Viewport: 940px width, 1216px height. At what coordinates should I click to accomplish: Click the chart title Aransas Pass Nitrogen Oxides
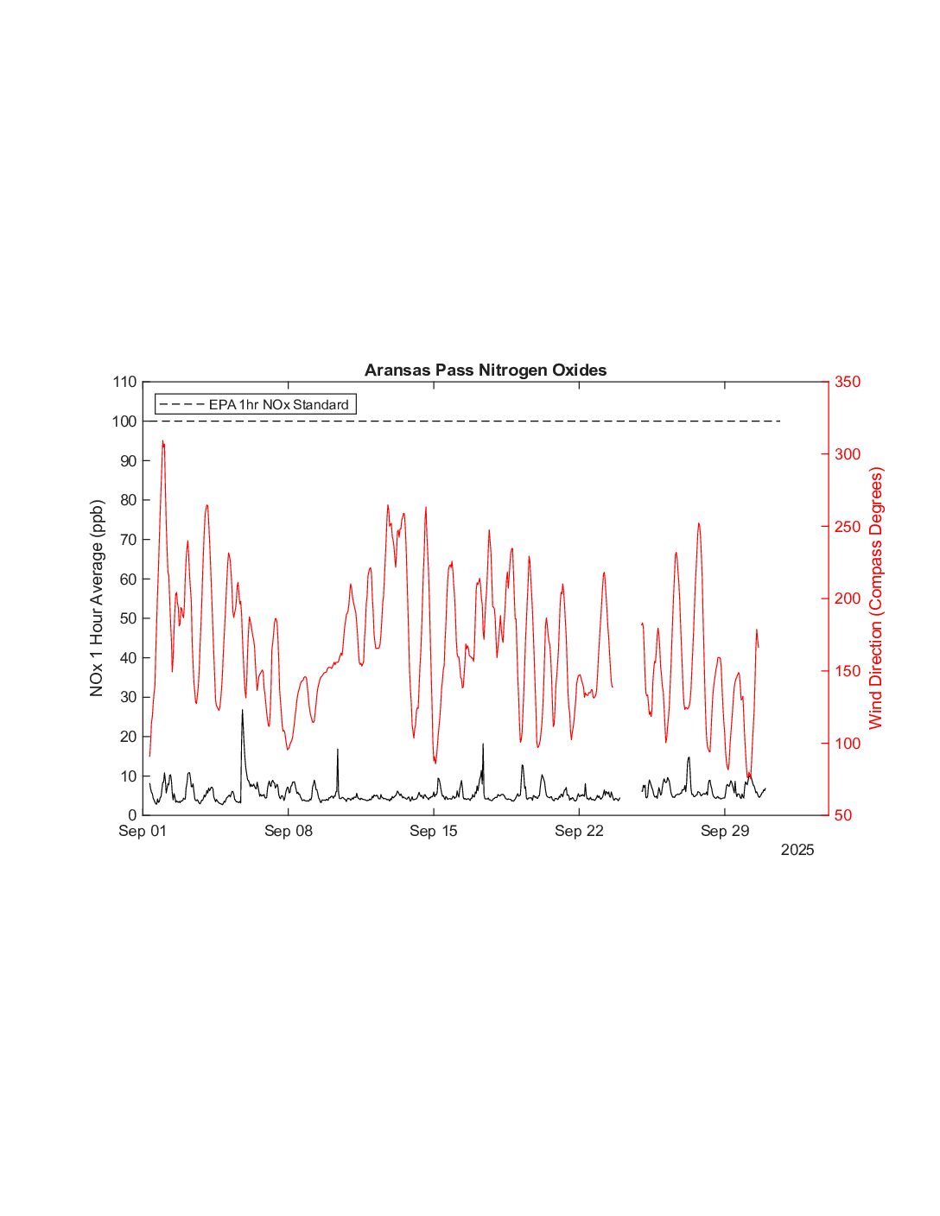(x=486, y=370)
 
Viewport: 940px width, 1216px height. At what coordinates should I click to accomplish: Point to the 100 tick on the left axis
(x=124, y=421)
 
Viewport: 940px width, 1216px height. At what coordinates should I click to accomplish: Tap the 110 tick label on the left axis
(x=124, y=382)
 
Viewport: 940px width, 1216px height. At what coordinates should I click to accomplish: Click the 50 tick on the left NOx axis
(x=128, y=618)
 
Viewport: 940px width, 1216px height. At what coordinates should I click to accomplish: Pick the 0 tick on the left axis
(x=132, y=815)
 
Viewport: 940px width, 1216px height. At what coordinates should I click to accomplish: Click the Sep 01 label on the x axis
(x=143, y=832)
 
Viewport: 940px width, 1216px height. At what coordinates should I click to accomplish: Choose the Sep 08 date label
(x=289, y=832)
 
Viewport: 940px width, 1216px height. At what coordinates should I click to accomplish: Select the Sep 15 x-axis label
(x=434, y=832)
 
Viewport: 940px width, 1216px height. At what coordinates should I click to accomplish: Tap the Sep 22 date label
(x=579, y=832)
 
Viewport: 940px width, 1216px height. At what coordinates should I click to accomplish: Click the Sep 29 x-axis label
(x=725, y=832)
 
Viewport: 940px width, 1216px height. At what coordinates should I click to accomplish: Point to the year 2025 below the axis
(x=797, y=851)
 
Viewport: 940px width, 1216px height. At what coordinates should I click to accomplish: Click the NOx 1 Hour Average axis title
(x=97, y=598)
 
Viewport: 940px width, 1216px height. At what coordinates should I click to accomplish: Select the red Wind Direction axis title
(x=877, y=598)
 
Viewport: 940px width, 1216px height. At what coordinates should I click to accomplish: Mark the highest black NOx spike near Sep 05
(x=242, y=711)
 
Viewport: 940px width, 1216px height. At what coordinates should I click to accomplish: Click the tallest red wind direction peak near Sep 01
(x=162, y=441)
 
